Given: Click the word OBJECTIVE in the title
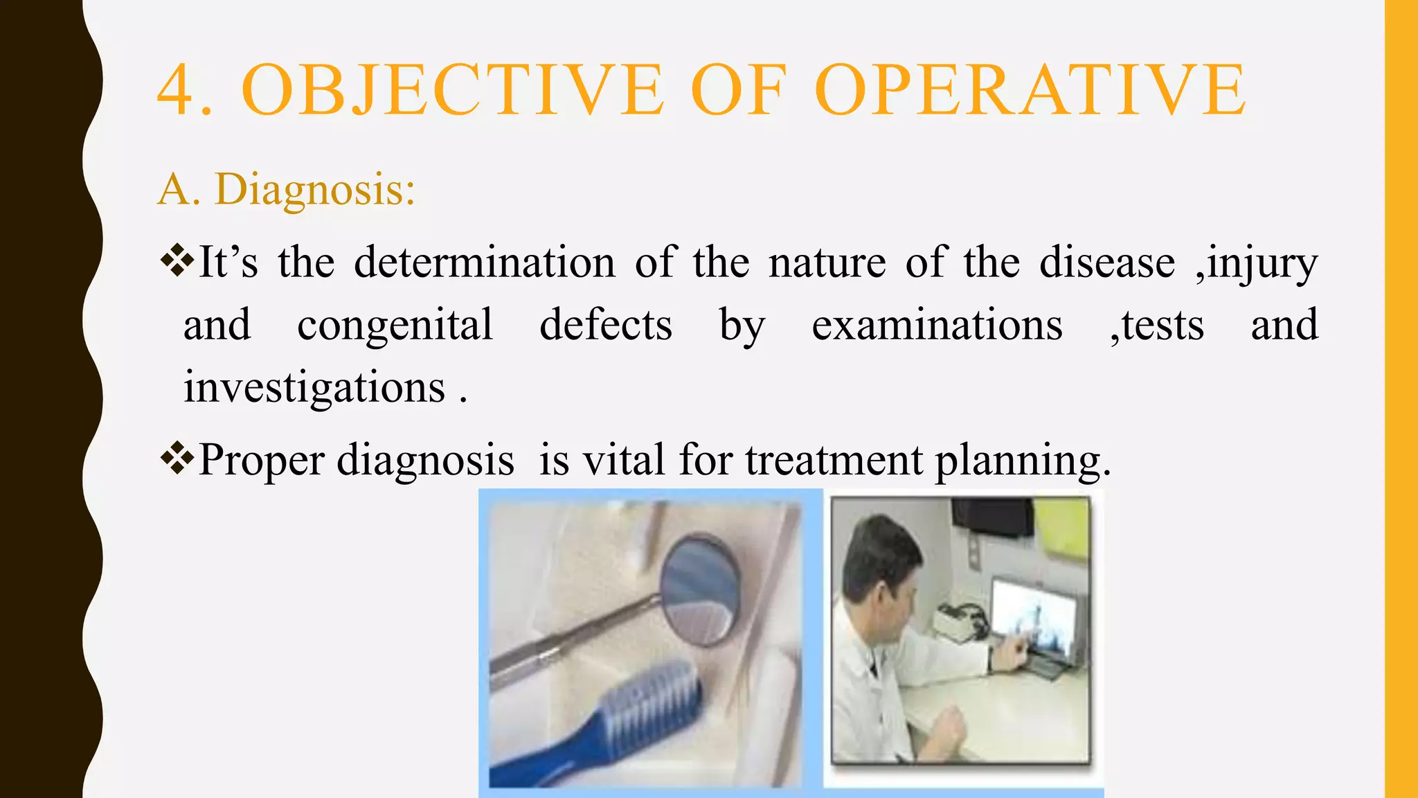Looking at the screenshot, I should click(x=453, y=91).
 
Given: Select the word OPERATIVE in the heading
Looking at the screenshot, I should click(x=1030, y=91).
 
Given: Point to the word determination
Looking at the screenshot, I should click(x=484, y=263).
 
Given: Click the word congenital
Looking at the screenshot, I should click(x=395, y=325).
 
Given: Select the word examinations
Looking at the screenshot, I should click(x=937, y=325).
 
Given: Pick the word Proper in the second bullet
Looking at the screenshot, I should click(x=261, y=461).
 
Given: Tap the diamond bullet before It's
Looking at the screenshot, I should click(x=177, y=260).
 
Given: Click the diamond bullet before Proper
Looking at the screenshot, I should click(x=177, y=458).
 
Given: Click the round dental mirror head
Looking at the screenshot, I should click(x=701, y=589).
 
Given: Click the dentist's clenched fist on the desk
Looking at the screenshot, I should click(x=949, y=727).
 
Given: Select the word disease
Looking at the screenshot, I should click(x=1106, y=263).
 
